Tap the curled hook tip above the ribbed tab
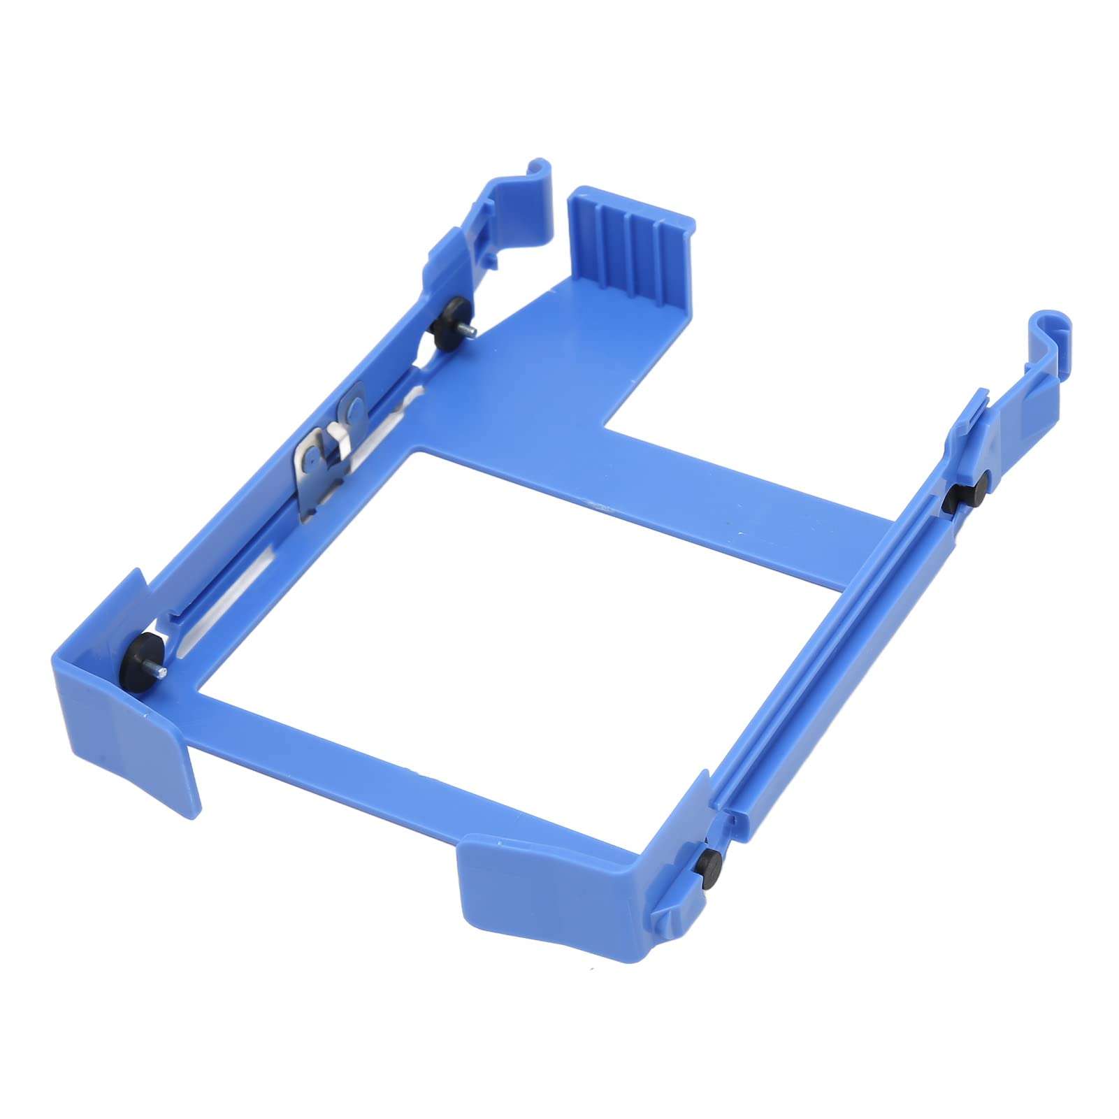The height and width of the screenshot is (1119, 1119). pyautogui.click(x=542, y=170)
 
